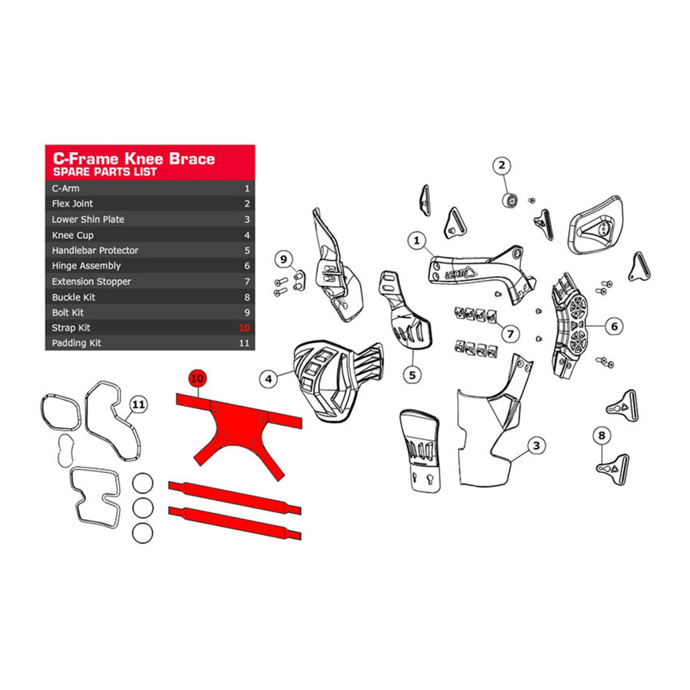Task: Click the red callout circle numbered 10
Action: (197, 379)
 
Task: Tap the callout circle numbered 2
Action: (502, 165)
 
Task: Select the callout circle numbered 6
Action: (614, 326)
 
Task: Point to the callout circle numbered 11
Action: (138, 405)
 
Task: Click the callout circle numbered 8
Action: (602, 436)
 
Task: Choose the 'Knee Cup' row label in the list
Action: (72, 235)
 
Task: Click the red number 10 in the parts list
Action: (244, 328)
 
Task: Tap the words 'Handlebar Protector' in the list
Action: (95, 251)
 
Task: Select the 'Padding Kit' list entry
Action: (76, 343)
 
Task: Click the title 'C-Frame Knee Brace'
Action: (134, 158)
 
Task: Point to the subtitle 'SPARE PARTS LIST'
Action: (105, 172)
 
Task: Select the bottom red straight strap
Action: (235, 523)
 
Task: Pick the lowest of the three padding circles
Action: (142, 533)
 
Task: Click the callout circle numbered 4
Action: (268, 379)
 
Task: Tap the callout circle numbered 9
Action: (283, 259)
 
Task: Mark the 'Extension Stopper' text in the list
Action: (91, 282)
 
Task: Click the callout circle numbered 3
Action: (536, 445)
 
